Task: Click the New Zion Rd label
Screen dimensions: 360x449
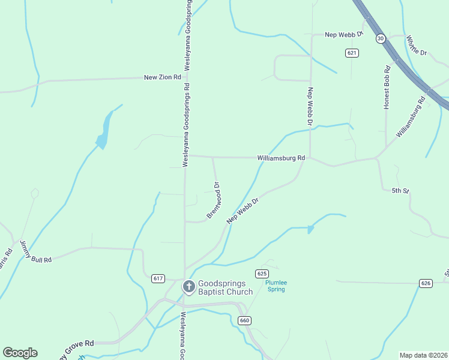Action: coord(162,77)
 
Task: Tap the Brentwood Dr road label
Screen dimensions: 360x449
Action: coord(214,200)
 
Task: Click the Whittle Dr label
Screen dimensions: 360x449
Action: coord(416,46)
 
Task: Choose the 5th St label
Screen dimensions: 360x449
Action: coord(400,191)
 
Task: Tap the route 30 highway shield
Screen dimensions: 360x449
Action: coord(381,38)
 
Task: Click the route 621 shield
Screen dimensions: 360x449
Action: coord(352,53)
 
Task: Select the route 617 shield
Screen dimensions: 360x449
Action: coord(158,278)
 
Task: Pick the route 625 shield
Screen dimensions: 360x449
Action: coord(261,274)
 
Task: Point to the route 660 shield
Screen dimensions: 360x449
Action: coord(244,320)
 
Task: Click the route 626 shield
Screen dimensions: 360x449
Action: coord(426,283)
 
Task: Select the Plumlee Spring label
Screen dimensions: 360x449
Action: coord(276,286)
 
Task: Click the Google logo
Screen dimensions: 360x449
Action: coord(20,353)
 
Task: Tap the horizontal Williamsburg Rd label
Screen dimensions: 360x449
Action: coord(281,158)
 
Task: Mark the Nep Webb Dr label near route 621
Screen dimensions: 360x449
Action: coord(344,35)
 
